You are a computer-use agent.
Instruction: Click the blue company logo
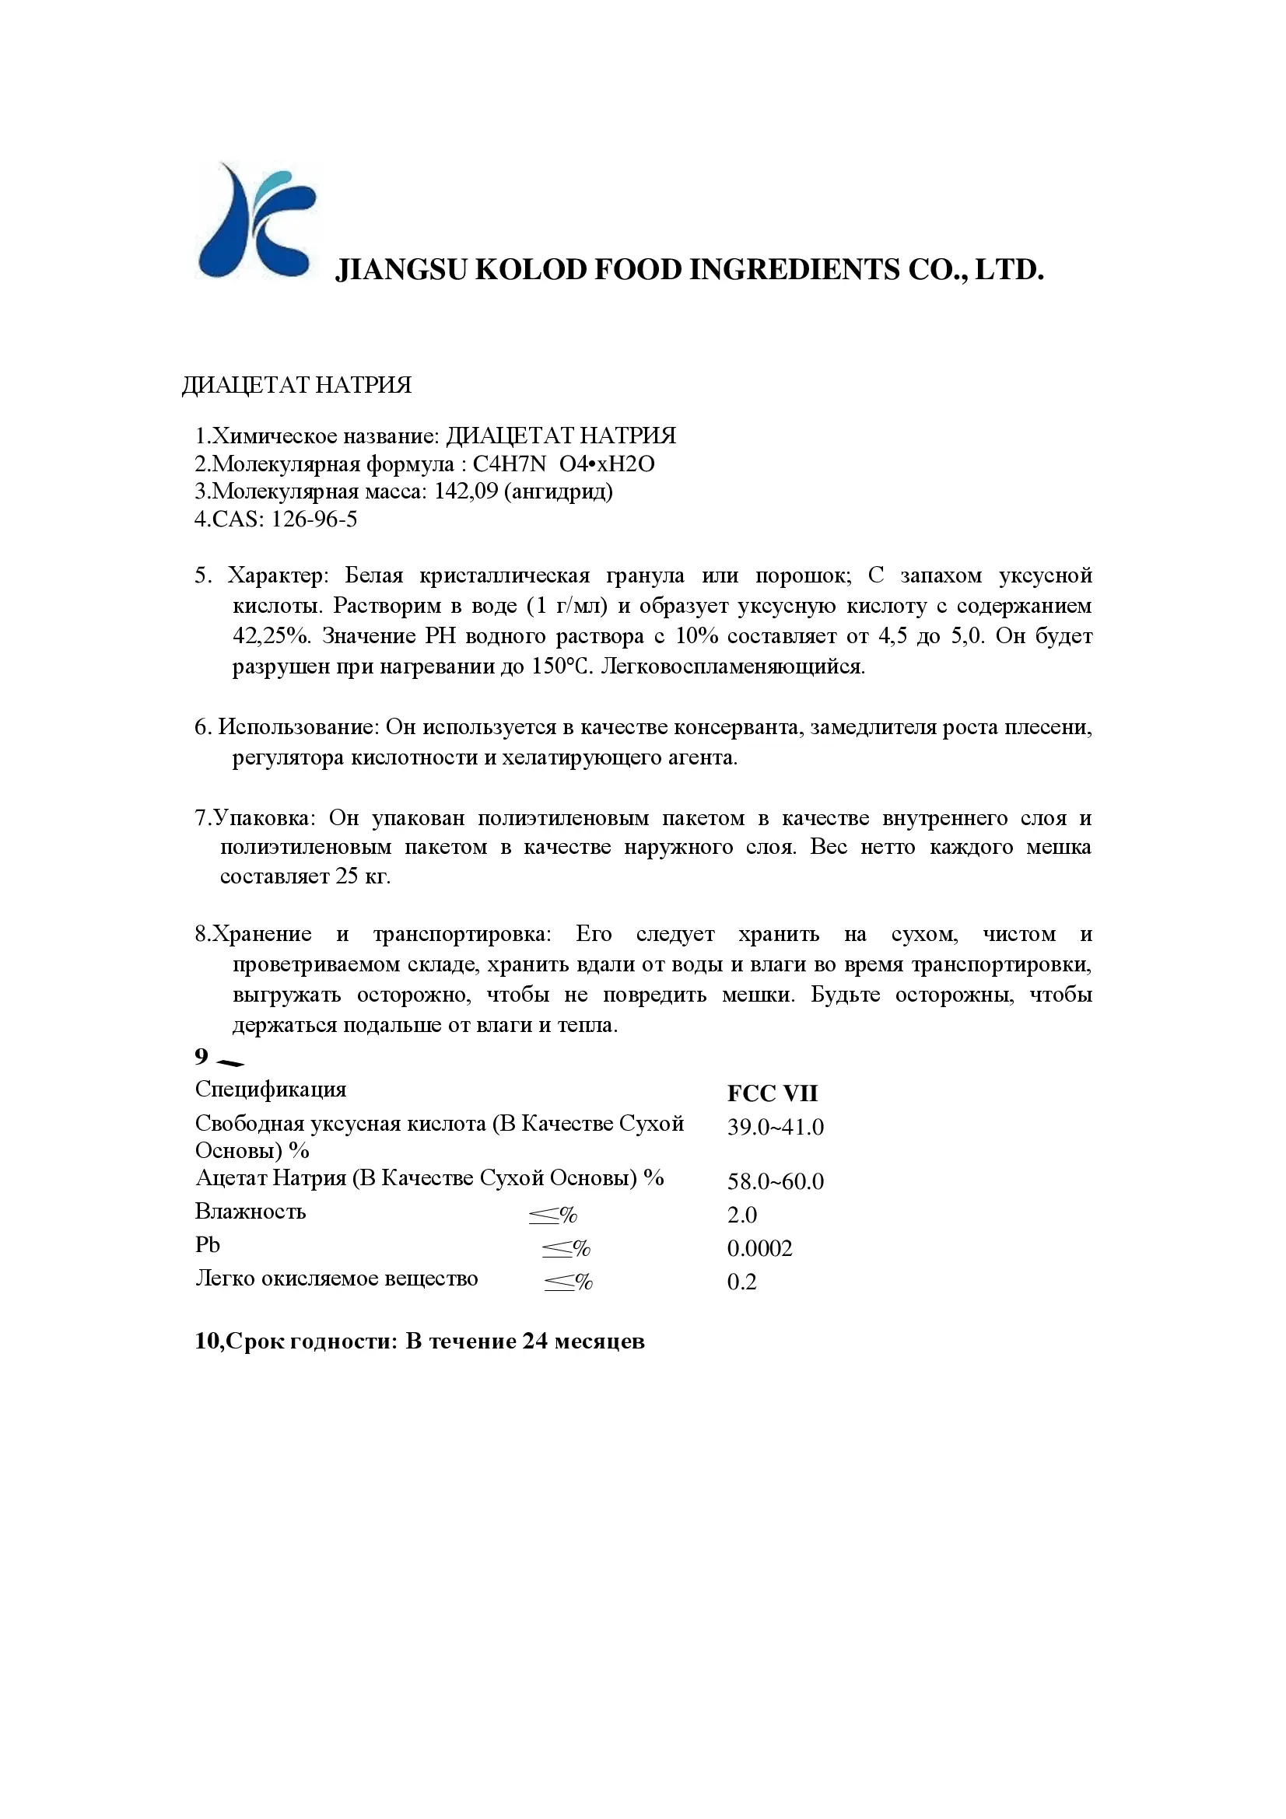(255, 221)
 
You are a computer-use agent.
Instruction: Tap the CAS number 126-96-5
(314, 519)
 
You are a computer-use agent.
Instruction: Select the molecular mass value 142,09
(466, 491)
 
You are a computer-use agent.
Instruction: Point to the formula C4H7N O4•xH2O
(563, 463)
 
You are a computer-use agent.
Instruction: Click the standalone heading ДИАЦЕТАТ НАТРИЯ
(296, 385)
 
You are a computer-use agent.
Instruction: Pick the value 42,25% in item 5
(270, 636)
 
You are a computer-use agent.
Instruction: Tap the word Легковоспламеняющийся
(733, 666)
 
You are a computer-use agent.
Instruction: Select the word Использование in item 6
(299, 726)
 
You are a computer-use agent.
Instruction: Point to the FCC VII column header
(772, 1093)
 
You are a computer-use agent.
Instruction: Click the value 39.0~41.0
(775, 1128)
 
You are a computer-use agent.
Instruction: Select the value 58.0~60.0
(775, 1181)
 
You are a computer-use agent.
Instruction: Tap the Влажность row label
(251, 1212)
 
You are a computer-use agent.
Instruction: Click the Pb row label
(207, 1244)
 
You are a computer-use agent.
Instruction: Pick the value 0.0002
(759, 1249)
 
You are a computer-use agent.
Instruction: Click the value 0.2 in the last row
(741, 1282)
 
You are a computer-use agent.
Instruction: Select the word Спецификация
(270, 1090)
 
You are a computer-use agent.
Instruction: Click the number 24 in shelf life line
(534, 1342)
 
